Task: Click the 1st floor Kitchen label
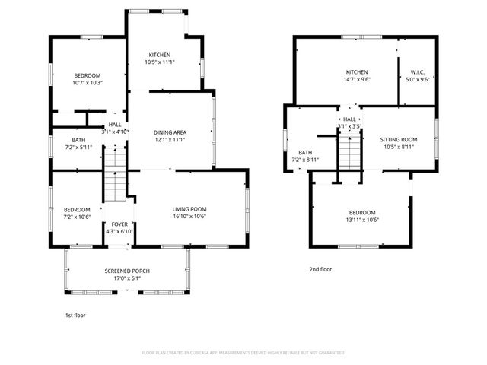tap(160, 55)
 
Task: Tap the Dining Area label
tap(170, 132)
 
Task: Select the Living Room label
tap(189, 209)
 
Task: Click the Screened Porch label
tap(127, 271)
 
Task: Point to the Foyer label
tap(120, 224)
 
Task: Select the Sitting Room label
tap(399, 140)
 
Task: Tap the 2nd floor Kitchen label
tap(357, 71)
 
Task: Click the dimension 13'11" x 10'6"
tap(362, 221)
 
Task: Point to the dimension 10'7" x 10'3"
tap(88, 83)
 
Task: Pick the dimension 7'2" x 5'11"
tap(78, 148)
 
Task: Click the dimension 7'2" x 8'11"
tap(305, 160)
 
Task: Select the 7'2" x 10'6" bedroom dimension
tap(77, 217)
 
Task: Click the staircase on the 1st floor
tap(113, 173)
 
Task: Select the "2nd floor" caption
tap(320, 269)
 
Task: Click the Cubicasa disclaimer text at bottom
tap(243, 353)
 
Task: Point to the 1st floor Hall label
tap(115, 125)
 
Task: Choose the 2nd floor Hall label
tap(349, 119)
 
